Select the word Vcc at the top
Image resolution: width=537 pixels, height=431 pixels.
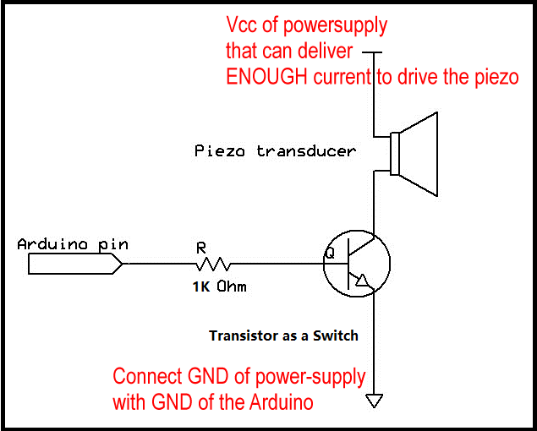[x=242, y=25]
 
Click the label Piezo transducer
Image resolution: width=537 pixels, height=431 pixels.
[x=275, y=151]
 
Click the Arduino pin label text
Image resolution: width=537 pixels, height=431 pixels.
[x=73, y=244]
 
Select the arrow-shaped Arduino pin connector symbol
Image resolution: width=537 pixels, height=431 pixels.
[x=76, y=264]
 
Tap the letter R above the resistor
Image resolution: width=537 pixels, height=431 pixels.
[x=200, y=248]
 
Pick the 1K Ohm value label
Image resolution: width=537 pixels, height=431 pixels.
[x=218, y=286]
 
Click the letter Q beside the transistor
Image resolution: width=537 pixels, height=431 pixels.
[x=330, y=251]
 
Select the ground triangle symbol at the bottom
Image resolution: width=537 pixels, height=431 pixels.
[x=373, y=401]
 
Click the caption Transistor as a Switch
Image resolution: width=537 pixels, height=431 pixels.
[x=283, y=336]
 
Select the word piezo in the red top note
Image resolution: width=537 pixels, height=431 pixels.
[x=494, y=76]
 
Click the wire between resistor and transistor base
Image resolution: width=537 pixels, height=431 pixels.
[x=279, y=264]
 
